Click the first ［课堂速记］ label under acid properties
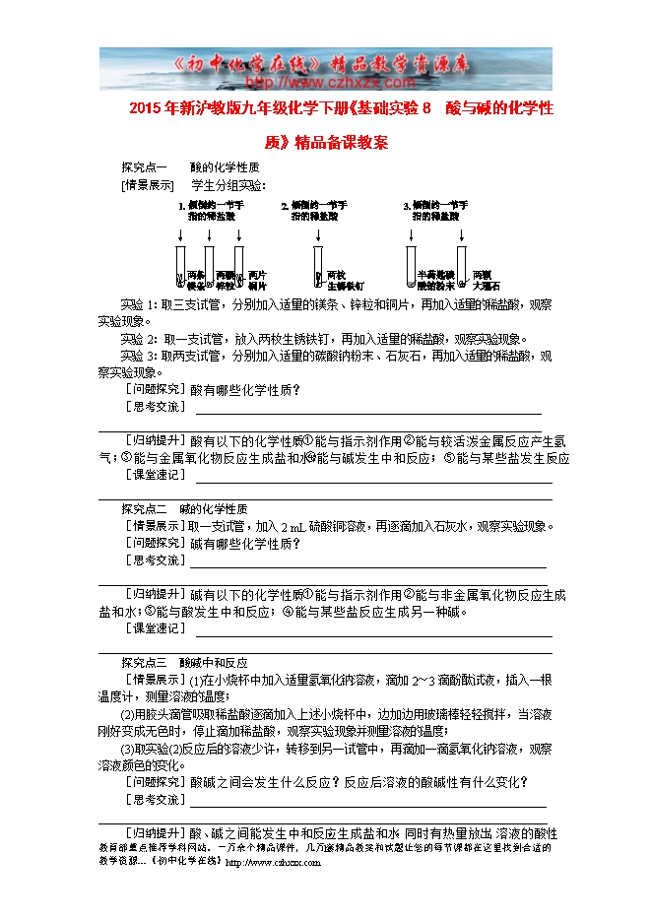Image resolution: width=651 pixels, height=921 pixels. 154,475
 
